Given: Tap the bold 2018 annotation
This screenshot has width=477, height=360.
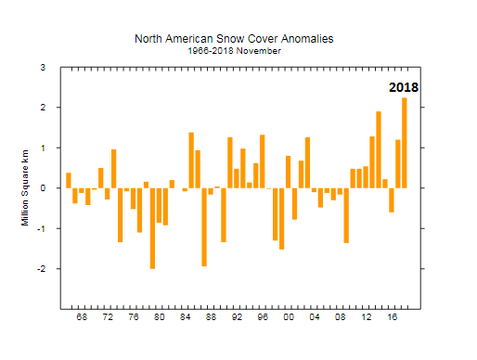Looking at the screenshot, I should pos(404,88).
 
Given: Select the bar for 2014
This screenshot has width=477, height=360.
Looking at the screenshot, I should pos(379,149).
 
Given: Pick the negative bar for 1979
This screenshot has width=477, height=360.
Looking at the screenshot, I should pos(152,228).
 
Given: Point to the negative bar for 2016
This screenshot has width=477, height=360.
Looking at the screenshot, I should pos(392,199).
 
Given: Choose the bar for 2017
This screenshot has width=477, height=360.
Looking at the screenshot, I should pos(398,163).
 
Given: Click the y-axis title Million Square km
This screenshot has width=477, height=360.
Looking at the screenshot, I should pos(25,187).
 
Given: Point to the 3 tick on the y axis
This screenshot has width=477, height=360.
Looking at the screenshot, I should pos(42,68).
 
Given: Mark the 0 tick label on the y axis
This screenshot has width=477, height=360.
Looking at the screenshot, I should pos(42,188).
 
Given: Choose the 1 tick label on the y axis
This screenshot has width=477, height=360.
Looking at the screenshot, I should pos(42,148).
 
